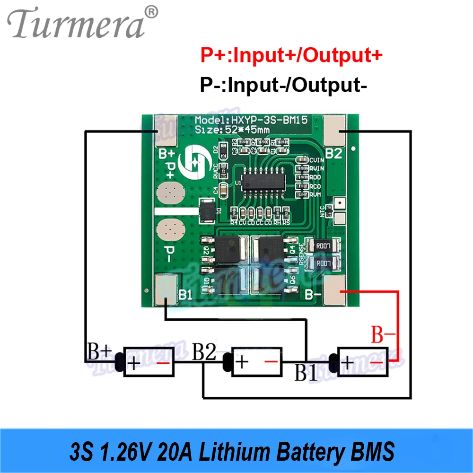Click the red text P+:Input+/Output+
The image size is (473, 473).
point(290,56)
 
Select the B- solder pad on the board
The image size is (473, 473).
point(337,289)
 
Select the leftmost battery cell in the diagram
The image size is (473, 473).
point(149,362)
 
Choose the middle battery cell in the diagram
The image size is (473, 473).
point(256,362)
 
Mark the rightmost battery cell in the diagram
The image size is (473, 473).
point(363,362)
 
